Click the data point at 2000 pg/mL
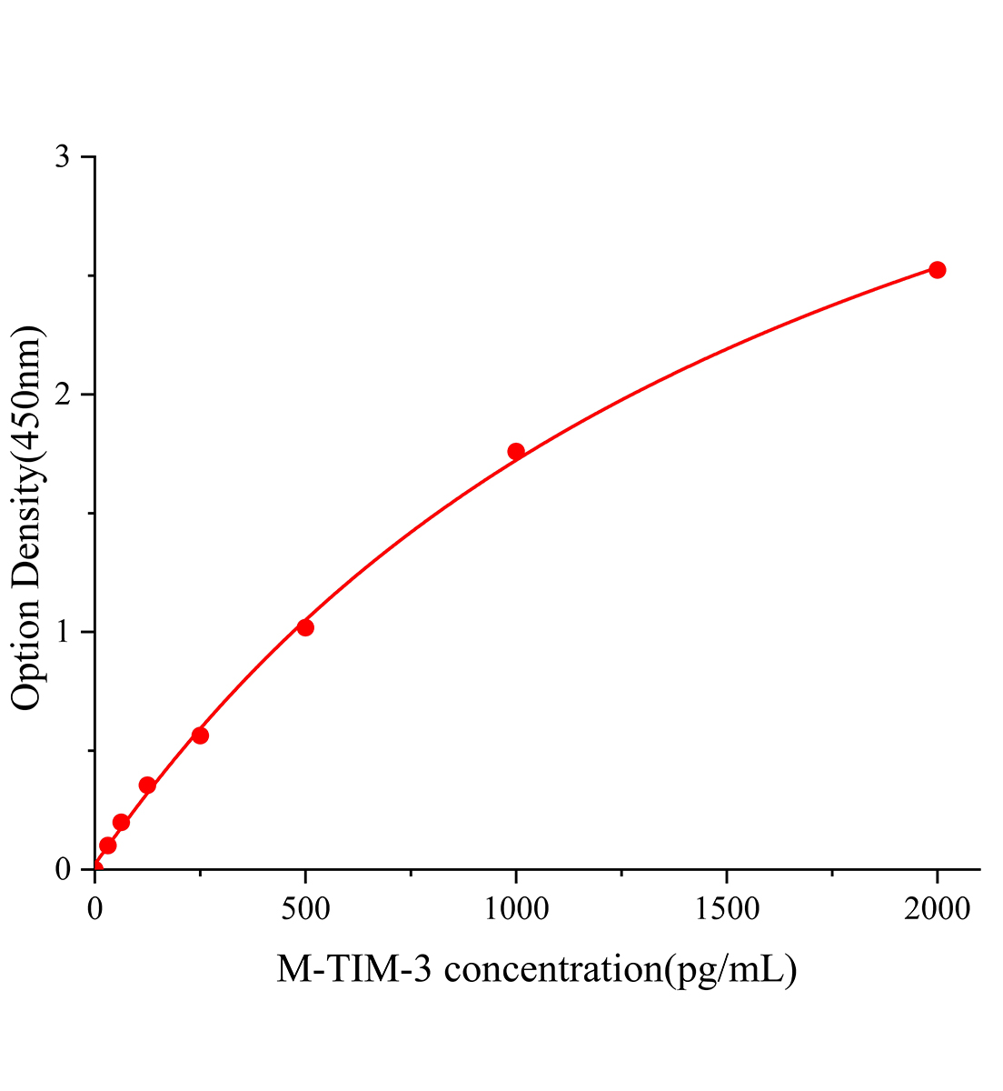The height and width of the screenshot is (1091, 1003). [x=937, y=269]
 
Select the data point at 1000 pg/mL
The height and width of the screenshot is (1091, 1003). [x=516, y=451]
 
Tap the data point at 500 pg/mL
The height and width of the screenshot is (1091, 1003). [x=305, y=627]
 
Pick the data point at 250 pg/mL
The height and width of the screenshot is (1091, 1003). [x=200, y=735]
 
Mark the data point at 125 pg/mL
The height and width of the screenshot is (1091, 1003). [x=147, y=786]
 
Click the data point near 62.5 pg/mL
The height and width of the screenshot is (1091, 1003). [x=121, y=822]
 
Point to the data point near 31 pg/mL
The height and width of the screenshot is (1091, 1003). [x=107, y=846]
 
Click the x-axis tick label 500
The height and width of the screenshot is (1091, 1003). [x=305, y=908]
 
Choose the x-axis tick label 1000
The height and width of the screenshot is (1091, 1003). [x=516, y=908]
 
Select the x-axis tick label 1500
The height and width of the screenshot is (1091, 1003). [x=726, y=908]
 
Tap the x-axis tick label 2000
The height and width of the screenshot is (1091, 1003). [x=937, y=908]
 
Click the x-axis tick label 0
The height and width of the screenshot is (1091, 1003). [x=94, y=908]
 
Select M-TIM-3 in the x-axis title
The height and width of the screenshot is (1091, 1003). [x=358, y=970]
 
